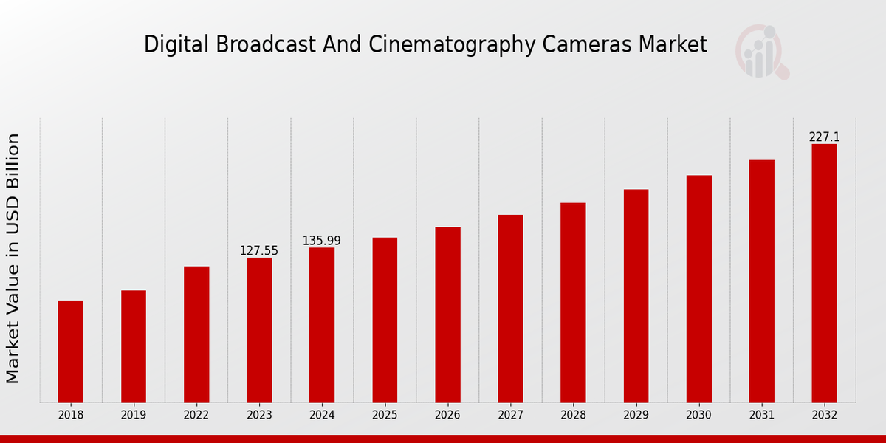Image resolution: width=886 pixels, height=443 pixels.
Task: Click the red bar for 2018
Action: pyautogui.click(x=71, y=351)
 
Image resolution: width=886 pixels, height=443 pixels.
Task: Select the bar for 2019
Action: pyautogui.click(x=134, y=346)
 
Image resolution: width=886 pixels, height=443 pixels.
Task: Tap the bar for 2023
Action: pyautogui.click(x=259, y=330)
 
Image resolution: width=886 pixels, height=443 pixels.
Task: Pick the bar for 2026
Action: pyautogui.click(x=447, y=315)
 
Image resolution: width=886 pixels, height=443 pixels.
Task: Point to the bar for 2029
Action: pyautogui.click(x=636, y=296)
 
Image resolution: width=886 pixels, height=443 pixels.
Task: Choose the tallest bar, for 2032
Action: pyautogui.click(x=824, y=273)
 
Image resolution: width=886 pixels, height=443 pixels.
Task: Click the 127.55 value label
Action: pyautogui.click(x=259, y=251)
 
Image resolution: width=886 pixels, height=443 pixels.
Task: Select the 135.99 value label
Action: pyautogui.click(x=322, y=241)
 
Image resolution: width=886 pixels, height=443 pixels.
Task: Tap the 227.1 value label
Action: pyautogui.click(x=824, y=137)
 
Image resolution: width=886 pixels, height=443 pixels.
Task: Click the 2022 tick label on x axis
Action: pyautogui.click(x=196, y=416)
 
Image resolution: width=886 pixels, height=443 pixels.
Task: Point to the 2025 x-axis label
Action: pyautogui.click(x=385, y=416)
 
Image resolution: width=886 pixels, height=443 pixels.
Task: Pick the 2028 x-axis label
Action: pyautogui.click(x=573, y=416)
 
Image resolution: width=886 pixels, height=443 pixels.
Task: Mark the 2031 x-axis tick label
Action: pyautogui.click(x=761, y=416)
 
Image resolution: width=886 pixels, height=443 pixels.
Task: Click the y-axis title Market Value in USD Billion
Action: pyautogui.click(x=13, y=258)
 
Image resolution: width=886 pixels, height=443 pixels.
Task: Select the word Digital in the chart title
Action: pyautogui.click(x=167, y=45)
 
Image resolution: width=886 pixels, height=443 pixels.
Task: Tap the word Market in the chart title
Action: pyautogui.click(x=674, y=45)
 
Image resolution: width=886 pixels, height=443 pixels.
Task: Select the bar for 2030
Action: pyautogui.click(x=698, y=289)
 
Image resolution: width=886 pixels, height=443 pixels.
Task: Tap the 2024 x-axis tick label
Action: pyautogui.click(x=322, y=416)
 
